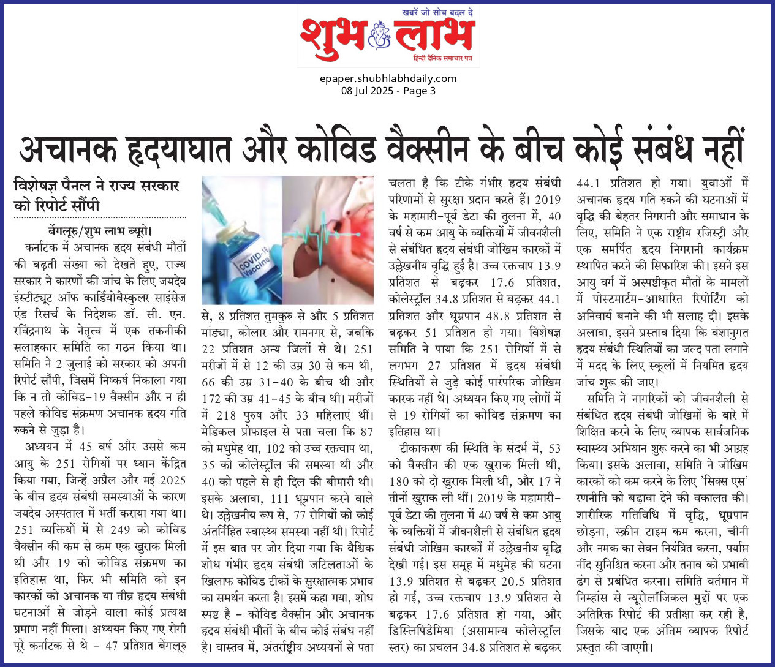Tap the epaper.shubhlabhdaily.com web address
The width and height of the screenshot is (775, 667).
[x=388, y=78]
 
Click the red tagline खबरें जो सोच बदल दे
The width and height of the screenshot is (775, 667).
[x=437, y=12]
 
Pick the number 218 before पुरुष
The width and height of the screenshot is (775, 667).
[x=225, y=415]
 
